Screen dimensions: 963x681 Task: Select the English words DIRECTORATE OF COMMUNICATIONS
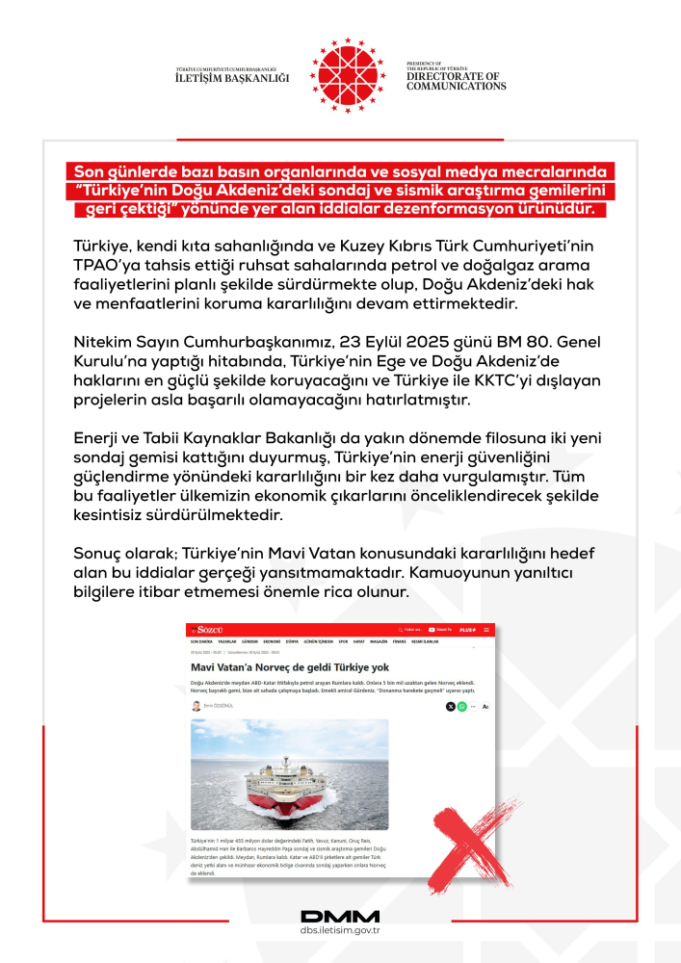[456, 81]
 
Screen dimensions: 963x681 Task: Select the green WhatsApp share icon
[462, 707]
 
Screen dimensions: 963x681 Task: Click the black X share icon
[451, 707]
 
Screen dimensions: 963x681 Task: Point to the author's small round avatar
[196, 706]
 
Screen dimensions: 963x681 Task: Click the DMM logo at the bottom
[340, 916]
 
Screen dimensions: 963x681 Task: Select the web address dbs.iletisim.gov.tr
[340, 931]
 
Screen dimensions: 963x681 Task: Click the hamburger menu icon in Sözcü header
[486, 629]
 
